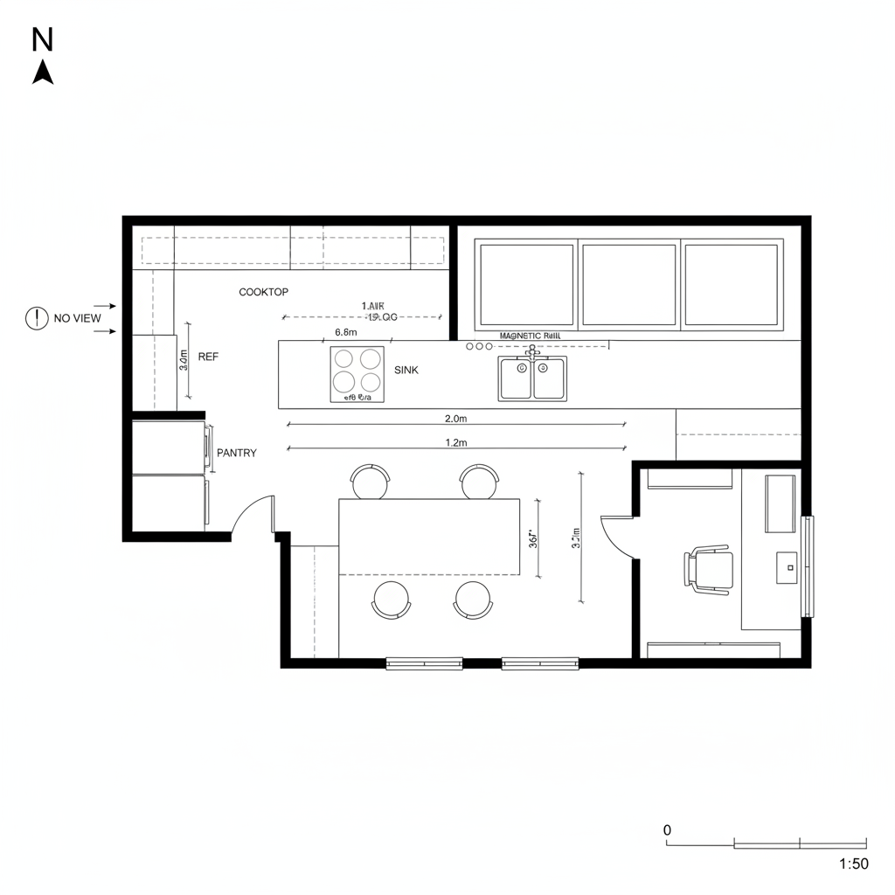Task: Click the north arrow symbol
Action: [43, 72]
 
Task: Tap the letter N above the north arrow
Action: [43, 38]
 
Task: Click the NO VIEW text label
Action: [77, 318]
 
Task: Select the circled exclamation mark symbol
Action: [36, 318]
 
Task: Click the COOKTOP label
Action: [263, 292]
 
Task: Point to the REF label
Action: [208, 357]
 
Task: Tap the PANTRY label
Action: [236, 453]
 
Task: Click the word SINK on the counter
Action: [406, 371]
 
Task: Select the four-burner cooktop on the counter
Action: [357, 374]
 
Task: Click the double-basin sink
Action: [532, 378]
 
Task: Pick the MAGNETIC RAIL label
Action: [530, 336]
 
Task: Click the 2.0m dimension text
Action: [455, 419]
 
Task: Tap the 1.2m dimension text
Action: [455, 443]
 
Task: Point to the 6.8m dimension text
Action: [345, 333]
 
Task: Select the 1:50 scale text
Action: [853, 864]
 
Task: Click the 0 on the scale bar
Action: [667, 829]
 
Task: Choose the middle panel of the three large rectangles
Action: [628, 286]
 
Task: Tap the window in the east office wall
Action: [808, 566]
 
